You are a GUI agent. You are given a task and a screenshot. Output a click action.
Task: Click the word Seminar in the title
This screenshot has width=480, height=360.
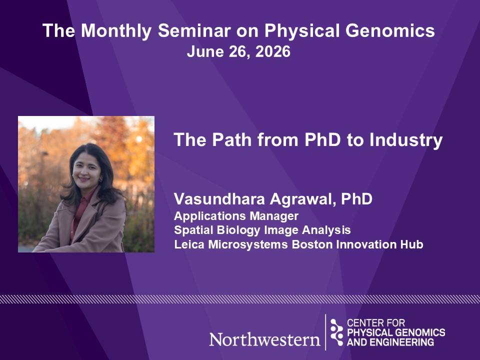(194, 30)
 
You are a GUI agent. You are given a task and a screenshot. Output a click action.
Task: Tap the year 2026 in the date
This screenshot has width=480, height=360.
(273, 51)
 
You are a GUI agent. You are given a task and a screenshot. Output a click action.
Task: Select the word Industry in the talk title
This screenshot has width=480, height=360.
(406, 140)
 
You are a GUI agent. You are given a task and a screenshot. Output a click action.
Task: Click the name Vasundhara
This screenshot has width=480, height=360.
(219, 199)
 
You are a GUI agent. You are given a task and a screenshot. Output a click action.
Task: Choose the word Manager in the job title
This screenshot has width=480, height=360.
(274, 216)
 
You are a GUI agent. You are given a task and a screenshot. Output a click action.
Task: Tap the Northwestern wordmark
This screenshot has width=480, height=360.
(265, 339)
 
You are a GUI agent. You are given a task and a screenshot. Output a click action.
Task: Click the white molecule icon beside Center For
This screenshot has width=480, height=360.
(336, 332)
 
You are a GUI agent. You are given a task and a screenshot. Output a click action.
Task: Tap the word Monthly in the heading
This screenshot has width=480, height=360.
(116, 31)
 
